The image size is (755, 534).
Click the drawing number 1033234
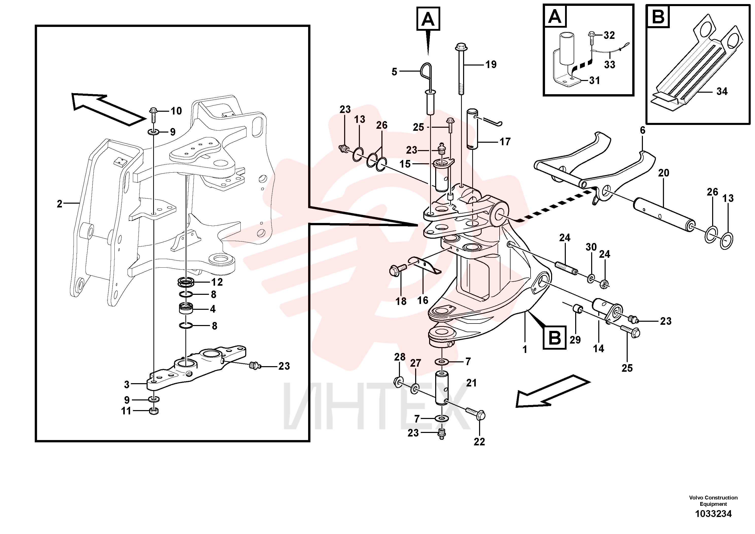point(713,514)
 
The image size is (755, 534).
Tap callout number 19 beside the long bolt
point(491,64)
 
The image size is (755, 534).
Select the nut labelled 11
point(154,411)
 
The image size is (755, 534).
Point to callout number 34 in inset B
point(722,91)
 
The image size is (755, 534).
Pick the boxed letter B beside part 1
point(555,338)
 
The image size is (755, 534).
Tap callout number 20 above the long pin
point(664,173)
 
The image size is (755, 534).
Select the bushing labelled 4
point(186,309)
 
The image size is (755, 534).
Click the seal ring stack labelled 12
point(186,282)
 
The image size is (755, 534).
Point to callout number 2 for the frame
point(60,204)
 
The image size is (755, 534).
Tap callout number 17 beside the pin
point(505,142)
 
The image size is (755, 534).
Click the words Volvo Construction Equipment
point(713,501)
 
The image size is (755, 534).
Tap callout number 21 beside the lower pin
point(471,383)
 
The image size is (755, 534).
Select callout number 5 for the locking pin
point(395,72)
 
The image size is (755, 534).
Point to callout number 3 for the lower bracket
point(127,384)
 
